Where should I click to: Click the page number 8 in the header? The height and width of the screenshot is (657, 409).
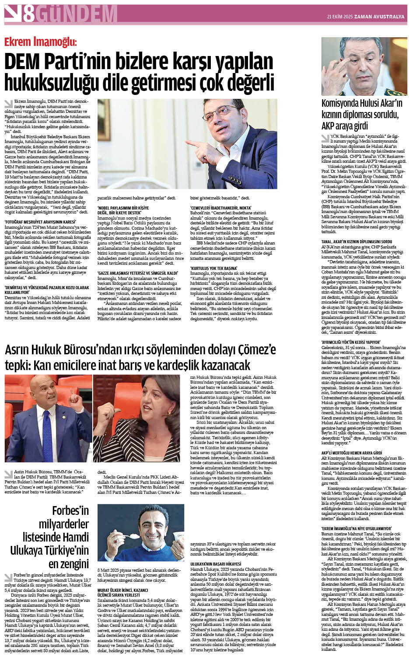[x=29, y=14]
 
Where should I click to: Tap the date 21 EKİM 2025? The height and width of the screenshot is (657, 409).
[x=340, y=17]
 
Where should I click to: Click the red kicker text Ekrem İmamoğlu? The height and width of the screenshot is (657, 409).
[x=40, y=42]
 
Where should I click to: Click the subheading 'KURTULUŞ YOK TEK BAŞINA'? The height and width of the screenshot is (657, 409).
[x=213, y=268]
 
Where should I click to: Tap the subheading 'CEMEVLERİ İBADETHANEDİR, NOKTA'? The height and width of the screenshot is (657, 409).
[x=220, y=208]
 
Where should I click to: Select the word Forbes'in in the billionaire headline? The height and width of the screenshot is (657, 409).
[x=70, y=510]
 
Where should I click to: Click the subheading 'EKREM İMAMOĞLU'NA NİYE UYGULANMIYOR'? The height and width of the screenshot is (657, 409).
[x=356, y=528]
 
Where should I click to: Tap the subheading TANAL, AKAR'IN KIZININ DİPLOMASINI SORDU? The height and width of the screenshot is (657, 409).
[x=357, y=241]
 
